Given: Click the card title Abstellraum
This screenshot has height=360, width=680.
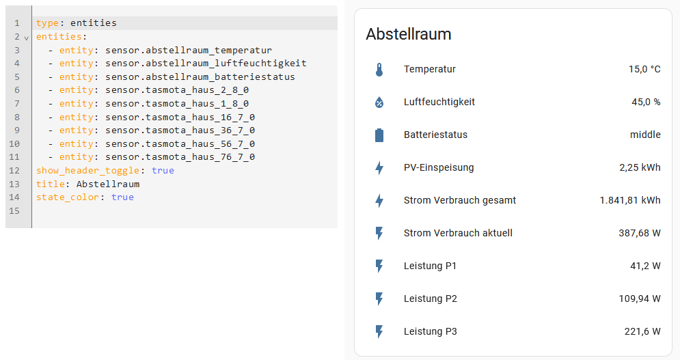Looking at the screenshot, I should click(409, 34).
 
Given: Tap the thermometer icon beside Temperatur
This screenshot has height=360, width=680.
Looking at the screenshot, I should click(380, 70).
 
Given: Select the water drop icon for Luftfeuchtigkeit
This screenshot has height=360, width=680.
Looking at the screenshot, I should click(380, 102).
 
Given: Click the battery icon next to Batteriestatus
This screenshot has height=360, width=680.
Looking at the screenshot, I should click(380, 135).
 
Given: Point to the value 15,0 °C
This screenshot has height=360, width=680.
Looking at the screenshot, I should click(644, 70).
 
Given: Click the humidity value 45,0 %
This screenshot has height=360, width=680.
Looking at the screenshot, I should click(646, 102).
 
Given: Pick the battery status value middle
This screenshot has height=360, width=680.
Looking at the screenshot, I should click(645, 135).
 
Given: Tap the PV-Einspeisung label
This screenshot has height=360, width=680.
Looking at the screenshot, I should click(439, 168).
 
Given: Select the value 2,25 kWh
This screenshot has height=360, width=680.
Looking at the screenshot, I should click(640, 168).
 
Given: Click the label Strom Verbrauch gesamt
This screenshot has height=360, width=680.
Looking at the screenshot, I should click(460, 201).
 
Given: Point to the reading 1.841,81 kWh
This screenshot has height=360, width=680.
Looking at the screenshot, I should click(630, 201).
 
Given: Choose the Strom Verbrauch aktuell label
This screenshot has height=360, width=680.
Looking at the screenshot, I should click(458, 234).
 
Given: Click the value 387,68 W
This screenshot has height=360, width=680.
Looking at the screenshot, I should click(640, 234).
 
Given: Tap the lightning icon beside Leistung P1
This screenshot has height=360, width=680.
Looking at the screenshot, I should click(380, 266).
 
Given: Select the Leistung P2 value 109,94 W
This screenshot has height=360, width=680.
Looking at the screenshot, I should click(640, 299).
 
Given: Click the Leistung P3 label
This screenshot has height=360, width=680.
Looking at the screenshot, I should click(431, 332).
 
